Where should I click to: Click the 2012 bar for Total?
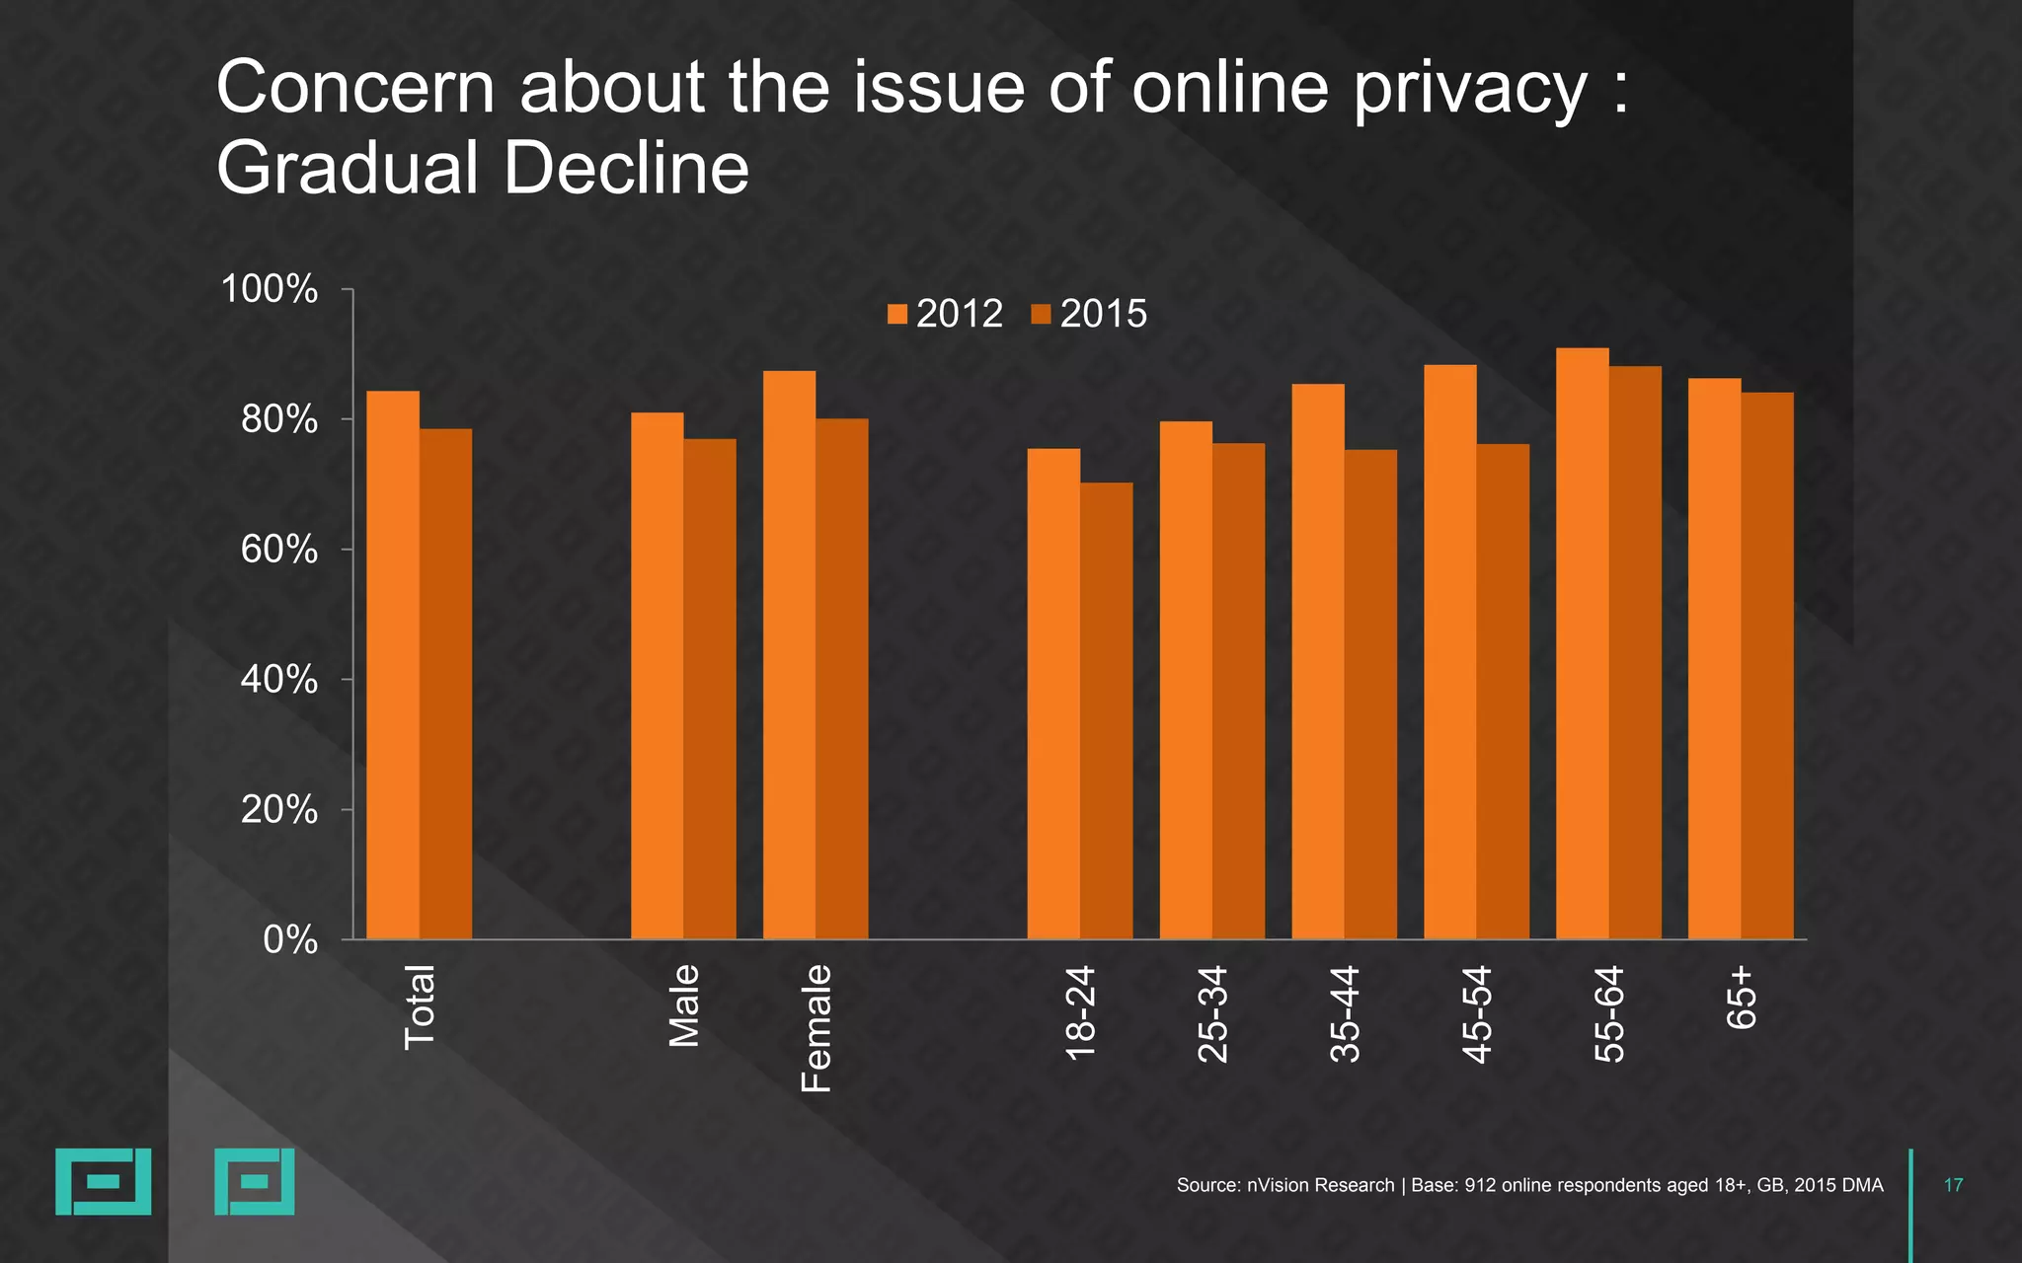click(x=393, y=665)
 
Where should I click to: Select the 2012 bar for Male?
click(x=657, y=676)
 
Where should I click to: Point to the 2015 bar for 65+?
click(x=1767, y=666)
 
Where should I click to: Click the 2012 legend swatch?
click(x=897, y=315)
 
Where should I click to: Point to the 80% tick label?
click(x=279, y=419)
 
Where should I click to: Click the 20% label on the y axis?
click(x=279, y=810)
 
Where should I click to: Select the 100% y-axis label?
click(x=270, y=290)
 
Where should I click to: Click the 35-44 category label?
click(x=1345, y=1013)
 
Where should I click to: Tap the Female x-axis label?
click(x=817, y=1028)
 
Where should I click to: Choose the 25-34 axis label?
click(x=1212, y=1013)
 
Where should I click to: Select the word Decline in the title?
click(x=626, y=168)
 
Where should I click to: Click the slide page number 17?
click(x=1953, y=1185)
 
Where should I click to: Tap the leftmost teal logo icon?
click(x=103, y=1181)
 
